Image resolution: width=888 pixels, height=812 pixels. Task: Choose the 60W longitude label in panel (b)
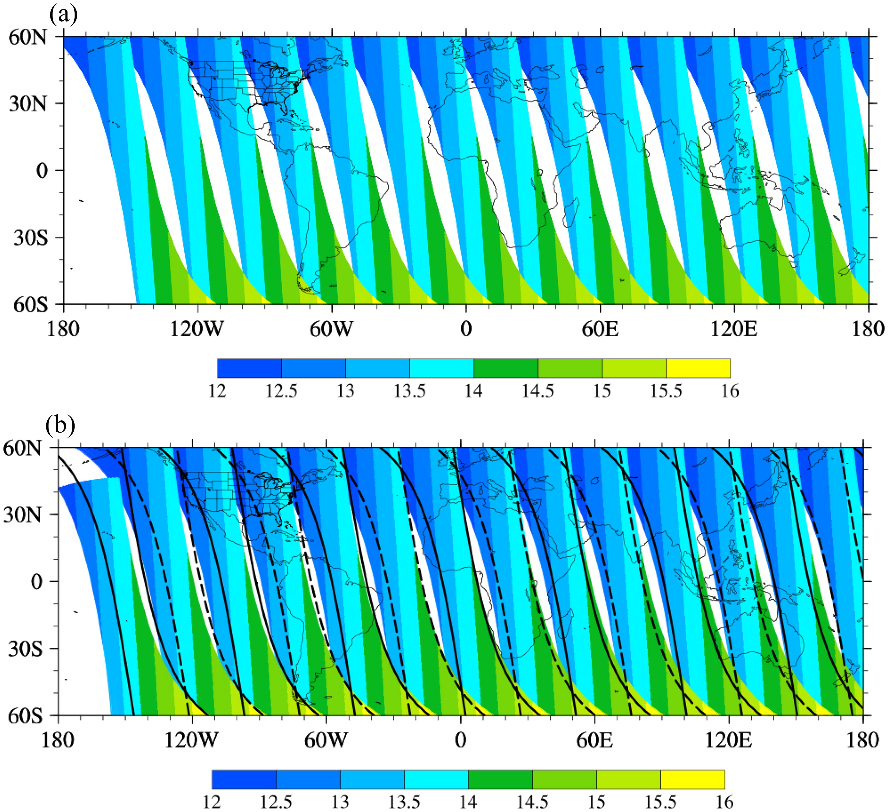pos(326,740)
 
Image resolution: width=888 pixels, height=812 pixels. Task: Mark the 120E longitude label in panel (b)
pos(728,740)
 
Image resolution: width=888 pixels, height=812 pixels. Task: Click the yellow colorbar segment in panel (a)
pos(698,368)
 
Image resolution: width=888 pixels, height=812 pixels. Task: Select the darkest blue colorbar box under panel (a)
pos(249,368)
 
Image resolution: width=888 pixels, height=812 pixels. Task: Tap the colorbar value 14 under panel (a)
pos(474,391)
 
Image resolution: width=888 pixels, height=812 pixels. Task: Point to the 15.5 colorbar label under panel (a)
pos(666,391)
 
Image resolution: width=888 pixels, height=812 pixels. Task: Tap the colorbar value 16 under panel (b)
pos(724,802)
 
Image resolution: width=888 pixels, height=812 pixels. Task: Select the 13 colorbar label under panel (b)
pos(340,802)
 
